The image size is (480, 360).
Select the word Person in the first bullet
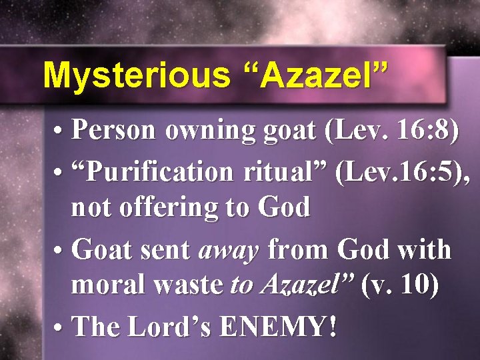(x=114, y=131)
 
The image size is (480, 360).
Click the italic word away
(x=229, y=251)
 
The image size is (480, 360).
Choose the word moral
(x=109, y=287)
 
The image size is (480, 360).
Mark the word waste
(x=189, y=287)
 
